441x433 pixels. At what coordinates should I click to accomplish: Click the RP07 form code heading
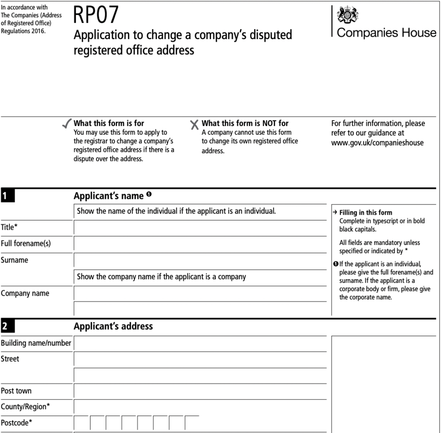click(x=96, y=15)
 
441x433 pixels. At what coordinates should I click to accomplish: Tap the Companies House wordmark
click(x=386, y=33)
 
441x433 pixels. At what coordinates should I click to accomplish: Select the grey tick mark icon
click(x=67, y=124)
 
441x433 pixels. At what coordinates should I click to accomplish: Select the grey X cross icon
click(x=195, y=125)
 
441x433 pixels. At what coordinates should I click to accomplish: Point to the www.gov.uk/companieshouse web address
click(x=377, y=143)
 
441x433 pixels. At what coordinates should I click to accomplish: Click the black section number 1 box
click(x=7, y=196)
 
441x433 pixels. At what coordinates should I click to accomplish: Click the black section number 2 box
click(x=7, y=326)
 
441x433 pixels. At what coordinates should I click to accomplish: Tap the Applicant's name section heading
click(x=109, y=196)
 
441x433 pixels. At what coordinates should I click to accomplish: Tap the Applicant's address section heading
click(x=113, y=326)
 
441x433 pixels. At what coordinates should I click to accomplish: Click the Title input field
click(x=200, y=228)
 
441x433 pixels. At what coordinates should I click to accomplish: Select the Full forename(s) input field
click(x=200, y=244)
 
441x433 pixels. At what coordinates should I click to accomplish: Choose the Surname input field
click(x=200, y=260)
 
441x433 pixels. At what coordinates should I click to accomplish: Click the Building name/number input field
click(x=200, y=343)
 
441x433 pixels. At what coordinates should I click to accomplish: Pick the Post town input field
click(x=200, y=391)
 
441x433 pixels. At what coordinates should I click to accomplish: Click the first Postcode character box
click(x=82, y=423)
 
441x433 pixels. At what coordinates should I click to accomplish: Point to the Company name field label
click(x=25, y=294)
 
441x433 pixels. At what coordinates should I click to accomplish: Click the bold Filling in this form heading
click(x=366, y=213)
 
